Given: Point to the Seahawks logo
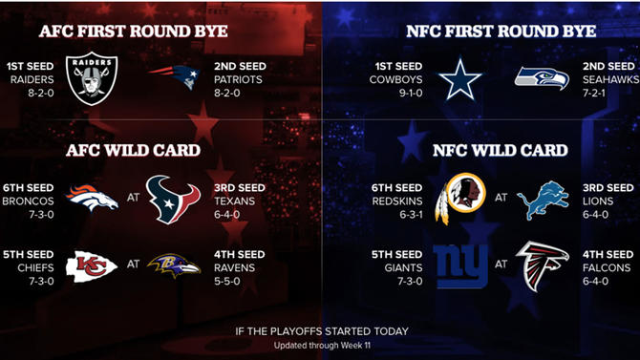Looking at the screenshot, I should pyautogui.click(x=542, y=79).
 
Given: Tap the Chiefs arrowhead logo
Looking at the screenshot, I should pyautogui.click(x=91, y=265).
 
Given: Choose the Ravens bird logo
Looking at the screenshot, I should pyautogui.click(x=173, y=265).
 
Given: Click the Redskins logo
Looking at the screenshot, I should pyautogui.click(x=456, y=199).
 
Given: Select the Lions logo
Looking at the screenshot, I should pyautogui.click(x=542, y=200).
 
